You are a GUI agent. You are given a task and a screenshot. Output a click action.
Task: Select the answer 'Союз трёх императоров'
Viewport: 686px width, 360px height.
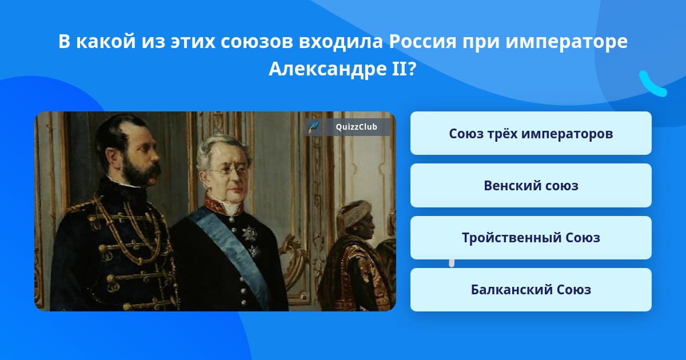coord(531,134)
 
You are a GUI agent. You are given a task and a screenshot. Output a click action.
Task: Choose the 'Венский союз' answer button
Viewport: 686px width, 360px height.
coord(531,186)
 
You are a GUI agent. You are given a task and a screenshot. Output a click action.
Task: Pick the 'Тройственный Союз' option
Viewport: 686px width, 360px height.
coord(531,238)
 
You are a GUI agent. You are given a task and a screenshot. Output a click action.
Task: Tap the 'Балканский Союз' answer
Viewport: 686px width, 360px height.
coord(531,290)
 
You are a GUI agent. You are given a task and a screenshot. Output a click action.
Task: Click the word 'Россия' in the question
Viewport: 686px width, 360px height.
coord(422,41)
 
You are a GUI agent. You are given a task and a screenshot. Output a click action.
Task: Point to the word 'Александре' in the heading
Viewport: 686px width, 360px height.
coord(327,69)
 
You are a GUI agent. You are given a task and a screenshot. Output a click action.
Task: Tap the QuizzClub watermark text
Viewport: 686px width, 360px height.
coord(356,127)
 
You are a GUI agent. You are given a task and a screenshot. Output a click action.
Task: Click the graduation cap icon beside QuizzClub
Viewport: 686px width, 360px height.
coord(313,127)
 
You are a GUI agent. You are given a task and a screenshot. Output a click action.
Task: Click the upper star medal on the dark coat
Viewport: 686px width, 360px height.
coord(250,233)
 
